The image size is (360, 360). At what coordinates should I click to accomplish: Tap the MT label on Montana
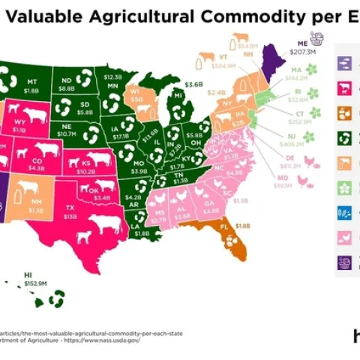(31, 81)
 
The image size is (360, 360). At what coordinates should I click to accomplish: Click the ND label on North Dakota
(67, 79)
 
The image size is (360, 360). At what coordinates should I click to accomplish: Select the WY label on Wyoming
(19, 119)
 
